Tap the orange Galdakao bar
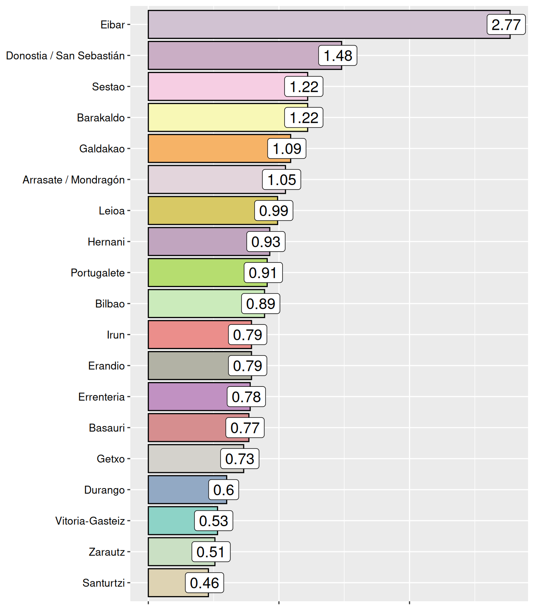pyautogui.click(x=207, y=149)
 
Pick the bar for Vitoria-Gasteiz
pyautogui.click(x=171, y=521)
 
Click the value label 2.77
pyautogui.click(x=506, y=25)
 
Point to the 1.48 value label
pyautogui.click(x=338, y=56)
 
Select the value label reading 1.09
pyautogui.click(x=287, y=149)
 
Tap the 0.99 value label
pyautogui.click(x=274, y=210)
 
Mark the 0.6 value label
pyautogui.click(x=223, y=490)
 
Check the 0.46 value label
pyautogui.click(x=204, y=583)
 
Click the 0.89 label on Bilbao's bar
pyautogui.click(x=261, y=303)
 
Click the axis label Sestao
pyautogui.click(x=108, y=87)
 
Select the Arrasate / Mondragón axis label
pyautogui.click(x=74, y=180)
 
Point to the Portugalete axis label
pyautogui.click(x=97, y=273)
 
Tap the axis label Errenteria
pyautogui.click(x=101, y=397)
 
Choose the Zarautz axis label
pyautogui.click(x=106, y=552)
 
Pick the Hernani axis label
pyautogui.click(x=106, y=241)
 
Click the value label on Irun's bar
pyautogui.click(x=248, y=334)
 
